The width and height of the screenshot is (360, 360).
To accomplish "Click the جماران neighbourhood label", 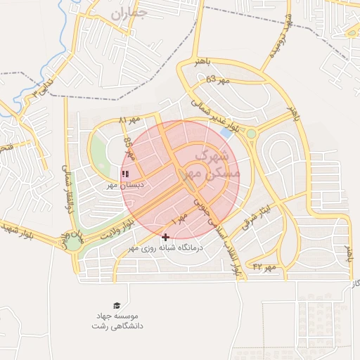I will click(131, 12).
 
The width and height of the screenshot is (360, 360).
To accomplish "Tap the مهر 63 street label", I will click(219, 80).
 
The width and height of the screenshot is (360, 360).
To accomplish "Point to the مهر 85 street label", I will click(129, 149).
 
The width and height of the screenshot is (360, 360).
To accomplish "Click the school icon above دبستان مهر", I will click(125, 173).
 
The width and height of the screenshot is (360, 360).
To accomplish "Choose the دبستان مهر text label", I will click(125, 185).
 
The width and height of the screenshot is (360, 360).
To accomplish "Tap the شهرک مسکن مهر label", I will click(217, 163).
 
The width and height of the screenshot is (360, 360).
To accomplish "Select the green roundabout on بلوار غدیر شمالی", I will click(251, 134).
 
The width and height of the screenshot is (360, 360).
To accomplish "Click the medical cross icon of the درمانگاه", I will click(165, 238).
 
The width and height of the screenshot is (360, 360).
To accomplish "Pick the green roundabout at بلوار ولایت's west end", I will click(73, 243).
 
